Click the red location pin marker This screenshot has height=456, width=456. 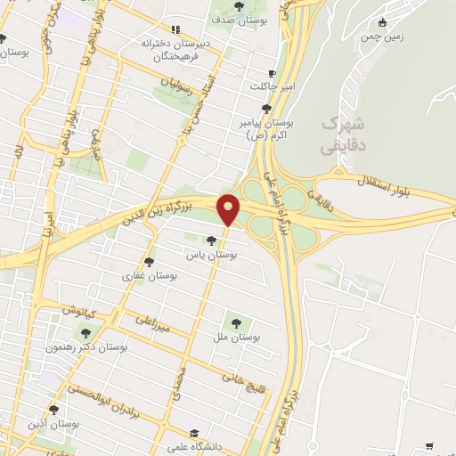click(x=229, y=208)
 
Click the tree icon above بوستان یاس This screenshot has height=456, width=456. click(x=211, y=240)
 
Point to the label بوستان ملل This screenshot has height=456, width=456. click(x=236, y=338)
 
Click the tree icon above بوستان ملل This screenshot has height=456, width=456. click(x=236, y=322)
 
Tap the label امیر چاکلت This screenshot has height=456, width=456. click(x=271, y=87)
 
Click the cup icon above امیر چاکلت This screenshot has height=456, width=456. click(x=273, y=73)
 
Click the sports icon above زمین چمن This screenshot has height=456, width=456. click(x=384, y=22)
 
